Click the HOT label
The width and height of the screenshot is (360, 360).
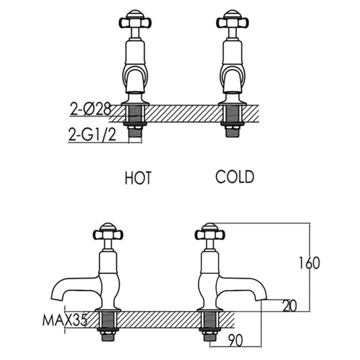(x=138, y=178)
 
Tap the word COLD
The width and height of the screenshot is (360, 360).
(x=235, y=177)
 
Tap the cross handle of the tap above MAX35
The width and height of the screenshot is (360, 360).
(x=108, y=235)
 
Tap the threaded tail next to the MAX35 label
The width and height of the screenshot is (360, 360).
(x=108, y=326)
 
